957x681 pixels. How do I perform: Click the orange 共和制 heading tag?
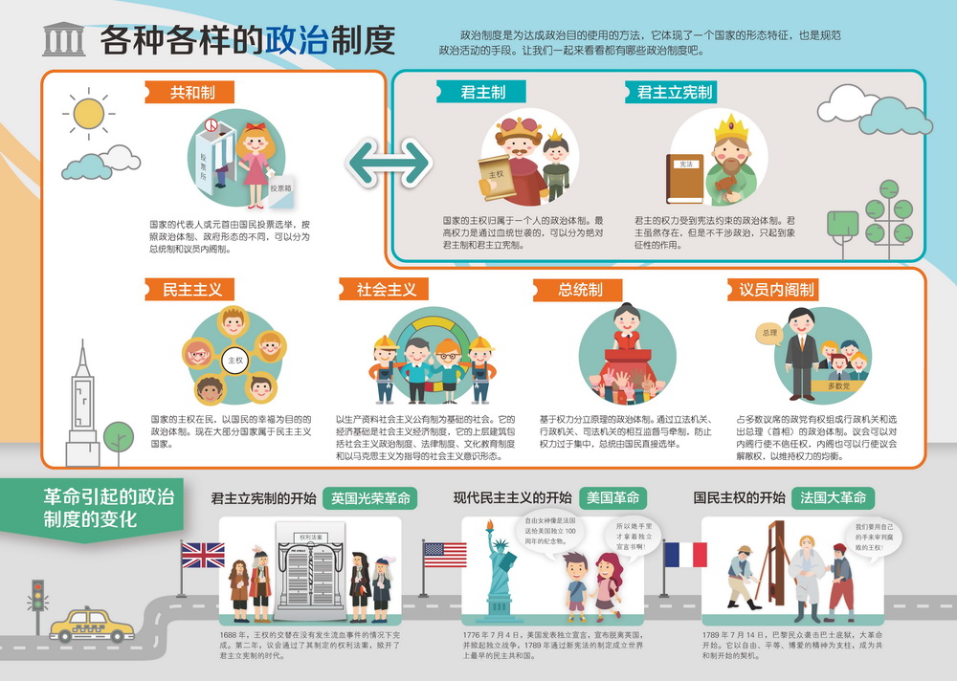[192, 93]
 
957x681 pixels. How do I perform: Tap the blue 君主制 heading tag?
[483, 93]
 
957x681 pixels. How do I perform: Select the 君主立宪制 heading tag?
[675, 93]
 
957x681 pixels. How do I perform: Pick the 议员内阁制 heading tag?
[776, 289]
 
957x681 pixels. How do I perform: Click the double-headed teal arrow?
[389, 163]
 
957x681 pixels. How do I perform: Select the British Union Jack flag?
[203, 555]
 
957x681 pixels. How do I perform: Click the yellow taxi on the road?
[92, 626]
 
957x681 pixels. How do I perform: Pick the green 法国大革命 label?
[832, 498]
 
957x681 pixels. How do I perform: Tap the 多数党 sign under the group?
[838, 386]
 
